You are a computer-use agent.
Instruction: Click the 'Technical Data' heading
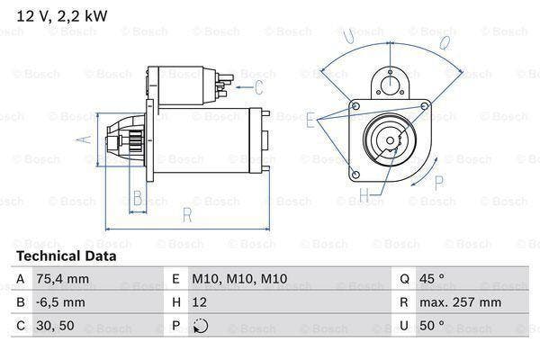[67, 256]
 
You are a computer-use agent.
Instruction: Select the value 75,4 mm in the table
[62, 279]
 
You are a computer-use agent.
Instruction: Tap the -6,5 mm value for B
[61, 303]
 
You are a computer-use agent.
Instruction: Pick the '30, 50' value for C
[55, 327]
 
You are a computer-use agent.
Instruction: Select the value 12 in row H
[200, 303]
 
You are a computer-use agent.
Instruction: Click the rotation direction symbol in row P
[200, 327]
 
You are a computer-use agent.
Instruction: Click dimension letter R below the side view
[187, 214]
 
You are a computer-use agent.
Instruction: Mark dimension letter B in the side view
[137, 198]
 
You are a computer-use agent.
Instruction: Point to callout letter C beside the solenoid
[259, 87]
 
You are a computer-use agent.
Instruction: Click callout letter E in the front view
[310, 118]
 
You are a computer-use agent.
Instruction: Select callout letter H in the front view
[364, 193]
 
